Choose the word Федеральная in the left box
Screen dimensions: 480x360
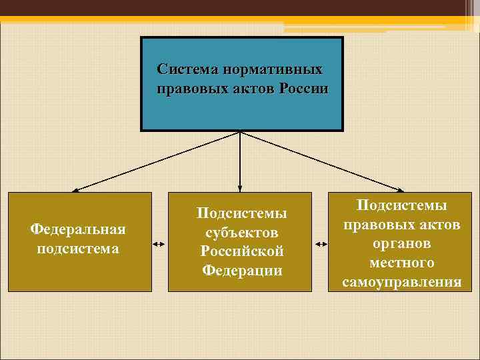[79, 229]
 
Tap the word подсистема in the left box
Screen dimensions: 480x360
[79, 249]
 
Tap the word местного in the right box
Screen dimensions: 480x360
[401, 263]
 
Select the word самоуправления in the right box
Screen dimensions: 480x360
[401, 282]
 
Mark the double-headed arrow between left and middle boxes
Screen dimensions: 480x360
[159, 245]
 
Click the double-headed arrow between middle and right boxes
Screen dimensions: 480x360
[321, 245]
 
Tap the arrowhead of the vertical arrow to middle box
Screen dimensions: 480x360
[240, 188]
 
